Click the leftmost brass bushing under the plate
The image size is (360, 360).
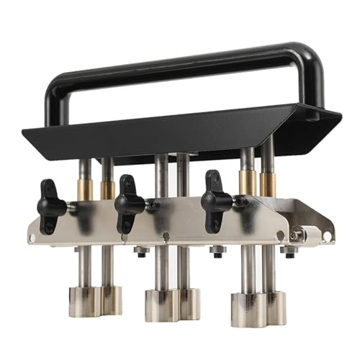click(85, 189)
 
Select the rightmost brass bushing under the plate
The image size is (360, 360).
click(267, 184)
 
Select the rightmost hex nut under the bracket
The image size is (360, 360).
click(290, 251)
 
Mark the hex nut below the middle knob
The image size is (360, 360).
click(141, 251)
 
